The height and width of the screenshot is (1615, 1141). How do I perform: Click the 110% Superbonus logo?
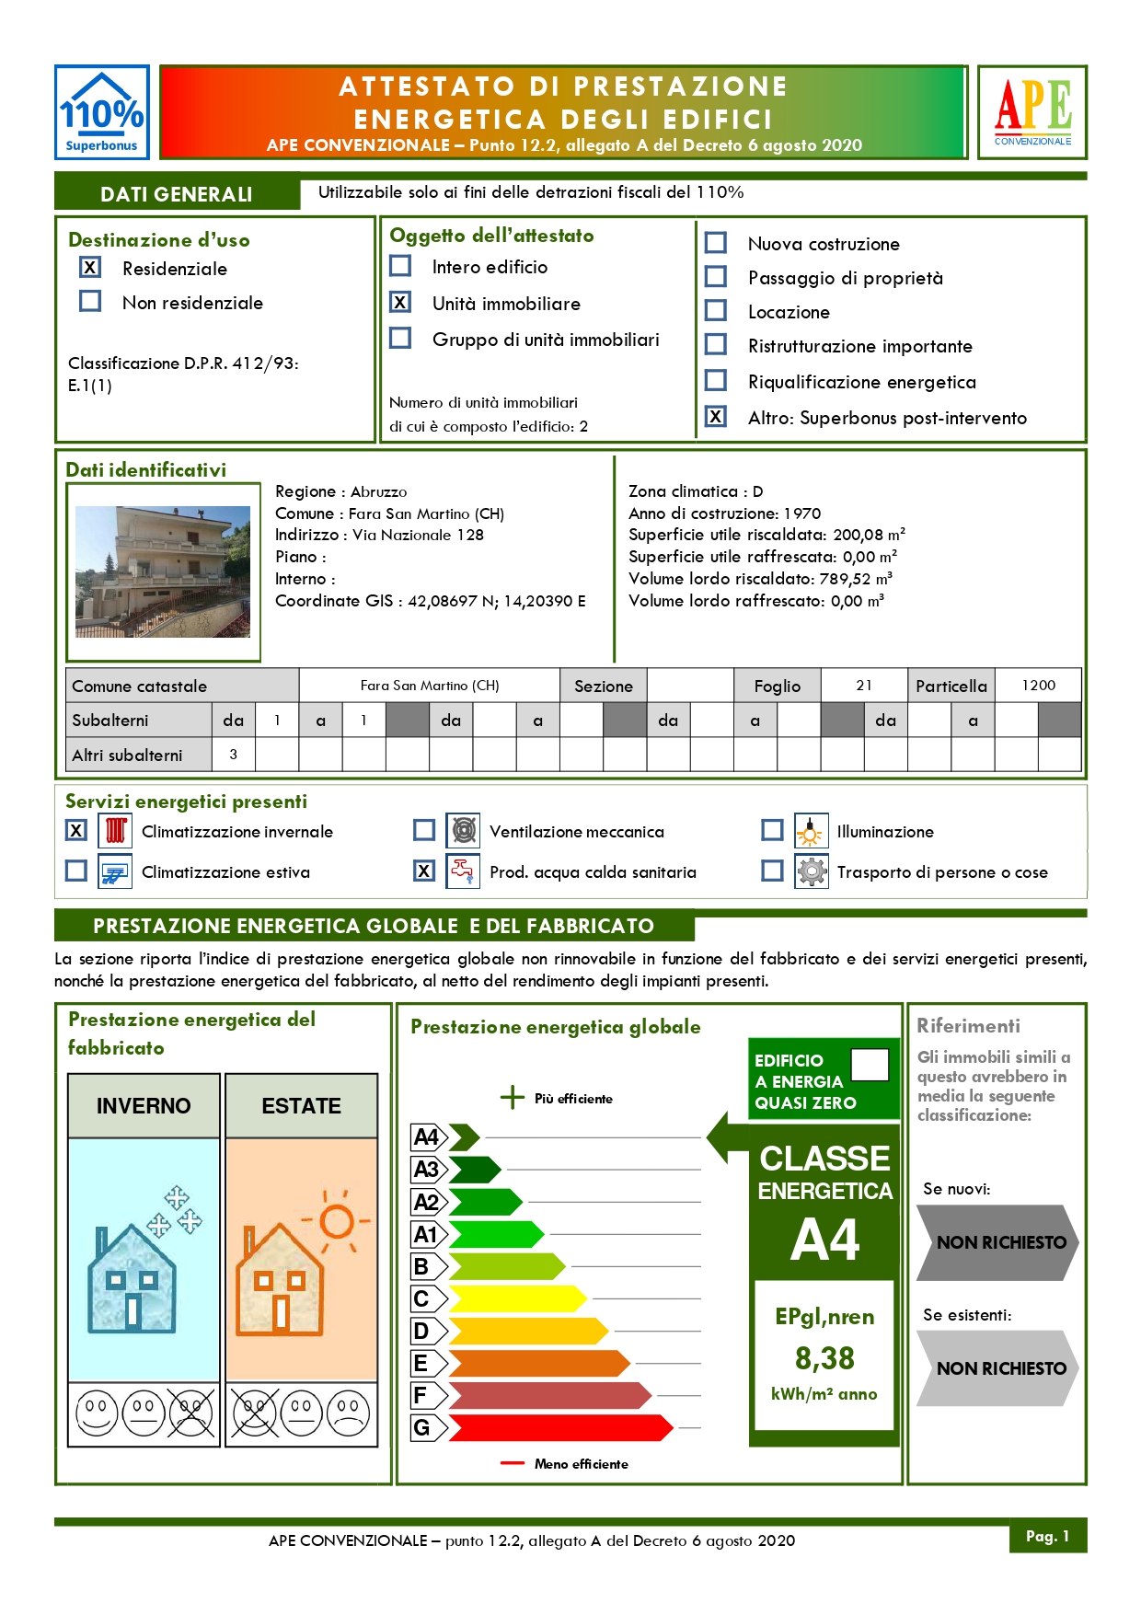pyautogui.click(x=101, y=112)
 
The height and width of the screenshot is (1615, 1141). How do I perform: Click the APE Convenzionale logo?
pyautogui.click(x=1032, y=112)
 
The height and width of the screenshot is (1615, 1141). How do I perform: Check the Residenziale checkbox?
pyautogui.click(x=90, y=268)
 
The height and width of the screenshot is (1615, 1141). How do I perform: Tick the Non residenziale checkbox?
pyautogui.click(x=90, y=302)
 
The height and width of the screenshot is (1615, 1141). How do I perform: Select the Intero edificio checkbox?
pyautogui.click(x=400, y=266)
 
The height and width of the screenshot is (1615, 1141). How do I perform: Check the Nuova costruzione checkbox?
pyautogui.click(x=716, y=243)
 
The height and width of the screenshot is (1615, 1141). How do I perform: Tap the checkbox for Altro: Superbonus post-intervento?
pyautogui.click(x=716, y=417)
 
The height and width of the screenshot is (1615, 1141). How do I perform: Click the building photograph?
pyautogui.click(x=163, y=571)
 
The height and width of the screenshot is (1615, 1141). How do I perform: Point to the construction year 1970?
pyautogui.click(x=802, y=513)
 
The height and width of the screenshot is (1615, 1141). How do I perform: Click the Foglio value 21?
pyautogui.click(x=864, y=686)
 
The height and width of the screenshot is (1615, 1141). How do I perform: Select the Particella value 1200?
pyautogui.click(x=1039, y=686)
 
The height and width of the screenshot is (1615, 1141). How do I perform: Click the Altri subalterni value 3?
pyautogui.click(x=234, y=755)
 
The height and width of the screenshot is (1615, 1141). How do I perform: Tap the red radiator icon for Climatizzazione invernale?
pyautogui.click(x=115, y=831)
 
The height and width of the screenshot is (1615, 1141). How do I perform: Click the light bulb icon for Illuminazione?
pyautogui.click(x=811, y=831)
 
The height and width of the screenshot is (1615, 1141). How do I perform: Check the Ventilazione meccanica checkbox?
pyautogui.click(x=424, y=831)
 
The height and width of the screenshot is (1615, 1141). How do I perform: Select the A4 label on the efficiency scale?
pyautogui.click(x=427, y=1137)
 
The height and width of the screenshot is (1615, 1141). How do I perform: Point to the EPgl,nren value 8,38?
pyautogui.click(x=824, y=1358)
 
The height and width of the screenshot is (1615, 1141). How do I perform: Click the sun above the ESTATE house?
pyautogui.click(x=337, y=1221)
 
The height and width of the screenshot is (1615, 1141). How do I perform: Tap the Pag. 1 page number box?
pyautogui.click(x=1047, y=1536)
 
